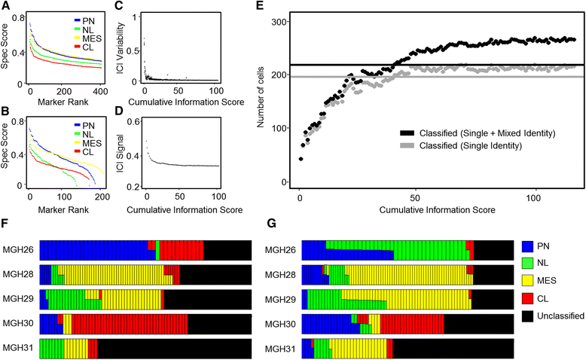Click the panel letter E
click(x=261, y=6)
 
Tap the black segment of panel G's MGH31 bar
click(x=453, y=349)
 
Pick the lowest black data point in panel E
click(x=301, y=159)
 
